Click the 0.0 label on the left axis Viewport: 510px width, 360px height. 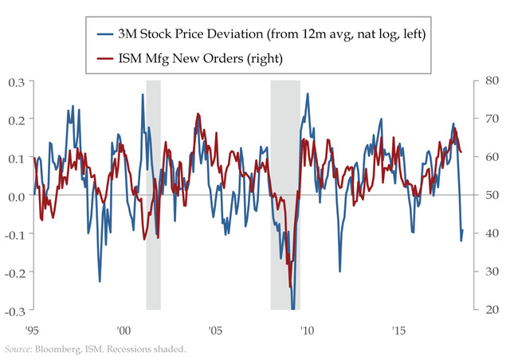click(16, 195)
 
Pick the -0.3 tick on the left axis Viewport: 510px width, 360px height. click(14, 310)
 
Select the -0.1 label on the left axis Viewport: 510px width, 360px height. click(14, 233)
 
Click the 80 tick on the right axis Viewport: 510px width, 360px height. click(488, 80)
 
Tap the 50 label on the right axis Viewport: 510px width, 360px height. click(488, 195)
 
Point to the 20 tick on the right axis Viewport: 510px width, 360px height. click(488, 310)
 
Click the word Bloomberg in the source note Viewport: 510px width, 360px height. click(61, 349)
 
